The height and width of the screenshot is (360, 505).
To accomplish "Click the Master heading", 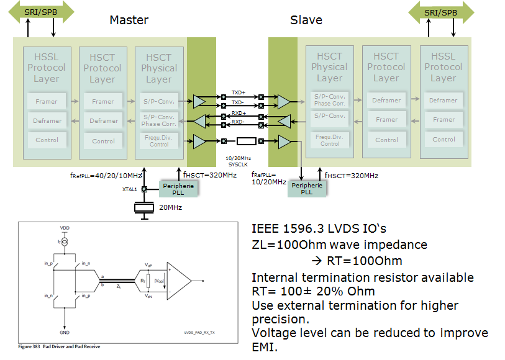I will point(129,20).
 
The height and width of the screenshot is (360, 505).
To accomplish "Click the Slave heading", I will point(306,20).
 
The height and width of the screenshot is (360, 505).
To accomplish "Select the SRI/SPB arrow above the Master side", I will point(40,12).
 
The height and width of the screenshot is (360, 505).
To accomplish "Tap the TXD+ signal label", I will point(239,92).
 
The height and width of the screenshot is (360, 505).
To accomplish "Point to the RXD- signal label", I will point(239,122).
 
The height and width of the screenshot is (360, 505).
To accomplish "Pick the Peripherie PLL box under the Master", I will point(179,189).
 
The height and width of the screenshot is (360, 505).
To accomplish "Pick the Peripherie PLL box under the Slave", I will point(307,189).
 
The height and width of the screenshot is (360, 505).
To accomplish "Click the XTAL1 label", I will point(130,189).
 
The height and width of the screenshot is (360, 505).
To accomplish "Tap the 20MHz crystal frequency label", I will point(170,207).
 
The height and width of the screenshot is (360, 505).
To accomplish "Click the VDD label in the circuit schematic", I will point(65,228).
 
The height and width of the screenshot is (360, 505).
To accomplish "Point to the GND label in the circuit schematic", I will point(65,331).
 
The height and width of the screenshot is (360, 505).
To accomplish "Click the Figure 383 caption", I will point(59,346).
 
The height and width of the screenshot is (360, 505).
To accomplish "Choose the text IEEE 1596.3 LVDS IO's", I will point(320,228).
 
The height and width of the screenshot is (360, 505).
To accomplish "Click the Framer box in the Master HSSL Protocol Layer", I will point(47,101).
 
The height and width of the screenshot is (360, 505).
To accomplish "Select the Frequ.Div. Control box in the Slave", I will point(330,140).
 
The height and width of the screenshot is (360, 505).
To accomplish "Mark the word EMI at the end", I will point(264,348).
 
